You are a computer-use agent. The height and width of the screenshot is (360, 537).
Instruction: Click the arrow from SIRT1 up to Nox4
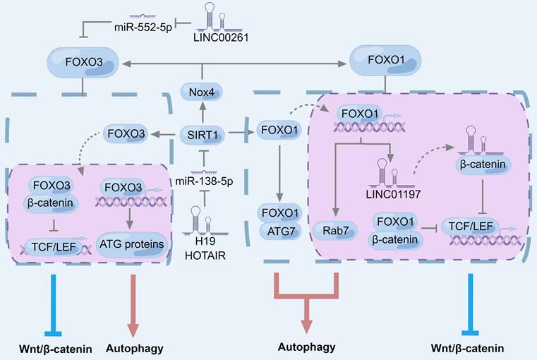click(x=202, y=112)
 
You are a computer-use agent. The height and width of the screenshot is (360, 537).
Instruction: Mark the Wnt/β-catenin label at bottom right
click(x=469, y=347)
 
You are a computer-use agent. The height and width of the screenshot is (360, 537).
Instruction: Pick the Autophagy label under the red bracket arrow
click(x=306, y=347)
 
